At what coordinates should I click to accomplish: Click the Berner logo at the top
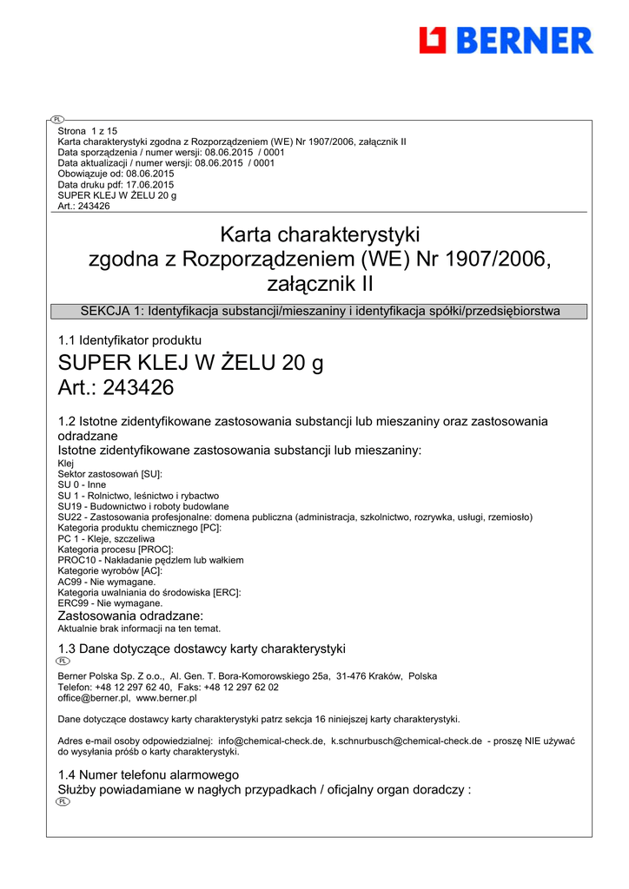pyautogui.click(x=506, y=40)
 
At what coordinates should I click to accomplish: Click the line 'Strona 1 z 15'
pyautogui.click(x=87, y=131)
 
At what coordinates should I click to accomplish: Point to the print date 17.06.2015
pyautogui.click(x=149, y=185)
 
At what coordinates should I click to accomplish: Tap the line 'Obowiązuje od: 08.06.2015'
pyautogui.click(x=116, y=174)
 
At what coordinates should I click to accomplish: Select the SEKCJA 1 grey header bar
pyautogui.click(x=319, y=312)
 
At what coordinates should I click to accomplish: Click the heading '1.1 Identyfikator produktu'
pyautogui.click(x=129, y=341)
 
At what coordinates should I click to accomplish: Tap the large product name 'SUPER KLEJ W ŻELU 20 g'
pyautogui.click(x=190, y=363)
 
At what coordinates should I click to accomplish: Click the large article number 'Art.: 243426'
pyautogui.click(x=116, y=388)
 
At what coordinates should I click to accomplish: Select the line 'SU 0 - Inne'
pyautogui.click(x=82, y=485)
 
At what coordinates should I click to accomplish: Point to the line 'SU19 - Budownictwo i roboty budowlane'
pyautogui.click(x=143, y=506)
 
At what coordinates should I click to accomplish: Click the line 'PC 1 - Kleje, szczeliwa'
pyautogui.click(x=106, y=538)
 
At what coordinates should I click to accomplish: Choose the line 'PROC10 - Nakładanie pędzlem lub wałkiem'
pyautogui.click(x=150, y=560)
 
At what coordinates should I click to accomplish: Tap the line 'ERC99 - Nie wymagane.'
pyautogui.click(x=110, y=603)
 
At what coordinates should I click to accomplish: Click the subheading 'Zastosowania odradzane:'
pyautogui.click(x=130, y=616)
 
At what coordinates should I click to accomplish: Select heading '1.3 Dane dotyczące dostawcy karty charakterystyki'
pyautogui.click(x=202, y=649)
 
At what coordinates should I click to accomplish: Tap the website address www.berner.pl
pyautogui.click(x=167, y=697)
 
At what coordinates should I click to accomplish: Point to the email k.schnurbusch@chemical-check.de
pyautogui.click(x=407, y=741)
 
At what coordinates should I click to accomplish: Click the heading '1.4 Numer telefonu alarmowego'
pyautogui.click(x=148, y=774)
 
